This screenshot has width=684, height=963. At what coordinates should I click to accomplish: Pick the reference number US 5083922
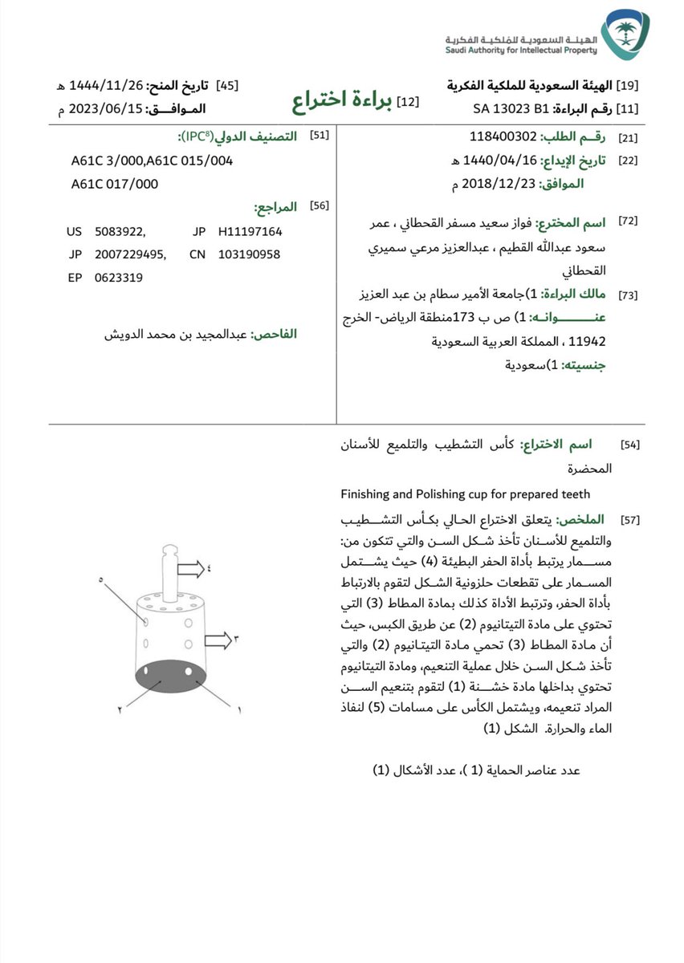pos(106,231)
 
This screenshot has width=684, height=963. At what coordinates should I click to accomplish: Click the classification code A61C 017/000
pos(115,184)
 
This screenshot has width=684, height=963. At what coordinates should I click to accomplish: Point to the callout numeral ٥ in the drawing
pos(101,579)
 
